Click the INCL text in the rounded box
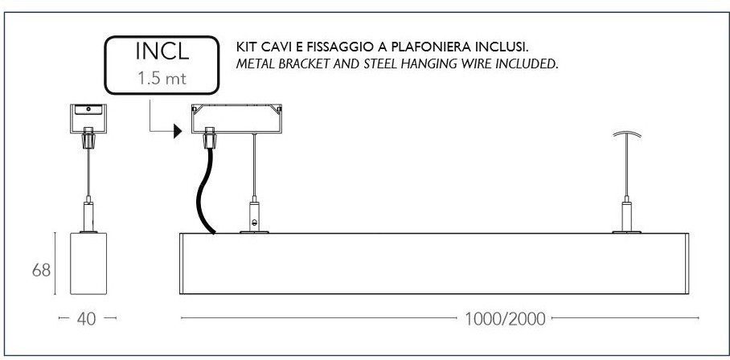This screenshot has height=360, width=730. (162, 51)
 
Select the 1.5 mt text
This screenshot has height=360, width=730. (162, 78)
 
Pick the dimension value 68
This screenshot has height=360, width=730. (41, 270)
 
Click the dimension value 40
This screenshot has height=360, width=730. (87, 318)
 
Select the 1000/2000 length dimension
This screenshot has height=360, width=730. (505, 319)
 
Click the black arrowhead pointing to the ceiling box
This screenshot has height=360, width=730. (178, 131)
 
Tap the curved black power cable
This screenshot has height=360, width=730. (204, 190)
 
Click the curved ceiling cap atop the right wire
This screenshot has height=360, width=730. (626, 134)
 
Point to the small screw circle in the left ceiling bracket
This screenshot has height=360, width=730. (88, 108)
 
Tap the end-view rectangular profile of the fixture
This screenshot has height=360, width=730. (88, 264)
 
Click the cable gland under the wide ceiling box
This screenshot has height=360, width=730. (209, 137)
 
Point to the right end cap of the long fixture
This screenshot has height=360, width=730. (687, 264)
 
